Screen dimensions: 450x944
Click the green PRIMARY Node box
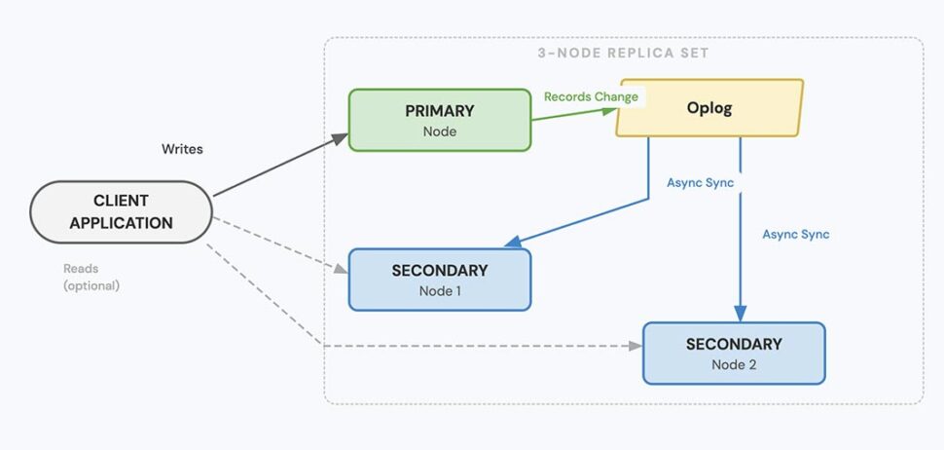tap(439, 120)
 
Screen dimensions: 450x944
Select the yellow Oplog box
tap(708, 108)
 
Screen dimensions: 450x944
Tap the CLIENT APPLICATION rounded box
tap(121, 211)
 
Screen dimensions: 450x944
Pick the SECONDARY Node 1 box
tap(439, 280)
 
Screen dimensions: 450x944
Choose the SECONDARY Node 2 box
tap(733, 353)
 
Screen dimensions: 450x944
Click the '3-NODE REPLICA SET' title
tap(623, 53)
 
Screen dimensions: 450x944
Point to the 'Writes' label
tap(182, 149)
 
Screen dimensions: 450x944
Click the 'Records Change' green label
tap(591, 96)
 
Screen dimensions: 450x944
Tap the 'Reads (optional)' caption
tap(91, 277)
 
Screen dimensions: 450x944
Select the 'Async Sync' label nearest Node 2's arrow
tap(795, 234)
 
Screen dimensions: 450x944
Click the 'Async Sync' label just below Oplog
tap(700, 182)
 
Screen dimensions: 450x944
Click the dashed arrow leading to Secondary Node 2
tap(487, 346)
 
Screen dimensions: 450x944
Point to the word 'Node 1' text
tap(439, 289)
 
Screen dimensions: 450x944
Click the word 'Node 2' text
tap(733, 364)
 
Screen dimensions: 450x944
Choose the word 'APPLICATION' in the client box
tap(121, 222)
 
